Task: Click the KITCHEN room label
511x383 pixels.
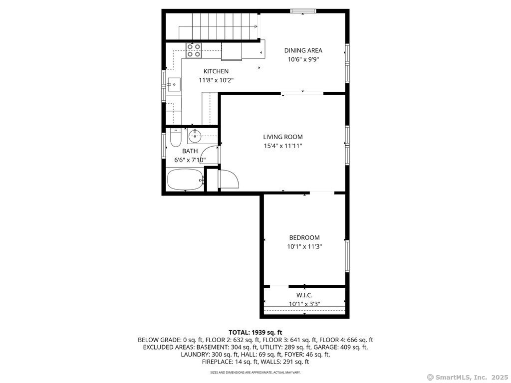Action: [x=216, y=71]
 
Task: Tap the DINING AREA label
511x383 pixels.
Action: [x=303, y=50]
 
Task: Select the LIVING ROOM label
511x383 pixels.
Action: [x=283, y=137]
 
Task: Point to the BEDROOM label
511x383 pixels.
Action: [x=304, y=238]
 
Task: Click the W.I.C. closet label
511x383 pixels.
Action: [x=304, y=295]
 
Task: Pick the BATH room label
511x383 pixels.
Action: [x=190, y=151]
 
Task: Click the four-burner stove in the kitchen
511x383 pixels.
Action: [x=194, y=50]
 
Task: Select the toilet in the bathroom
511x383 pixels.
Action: [x=176, y=138]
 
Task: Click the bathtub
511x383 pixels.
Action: [x=185, y=180]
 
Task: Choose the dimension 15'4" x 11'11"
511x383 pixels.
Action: [x=283, y=146]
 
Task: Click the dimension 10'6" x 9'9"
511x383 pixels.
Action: [x=303, y=60]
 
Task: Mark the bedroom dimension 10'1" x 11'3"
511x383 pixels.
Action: [x=304, y=247]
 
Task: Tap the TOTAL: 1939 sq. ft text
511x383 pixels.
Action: [x=255, y=333]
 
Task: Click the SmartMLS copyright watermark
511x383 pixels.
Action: [x=467, y=378]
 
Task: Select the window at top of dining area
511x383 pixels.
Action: [x=303, y=11]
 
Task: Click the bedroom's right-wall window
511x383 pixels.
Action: [x=347, y=256]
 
